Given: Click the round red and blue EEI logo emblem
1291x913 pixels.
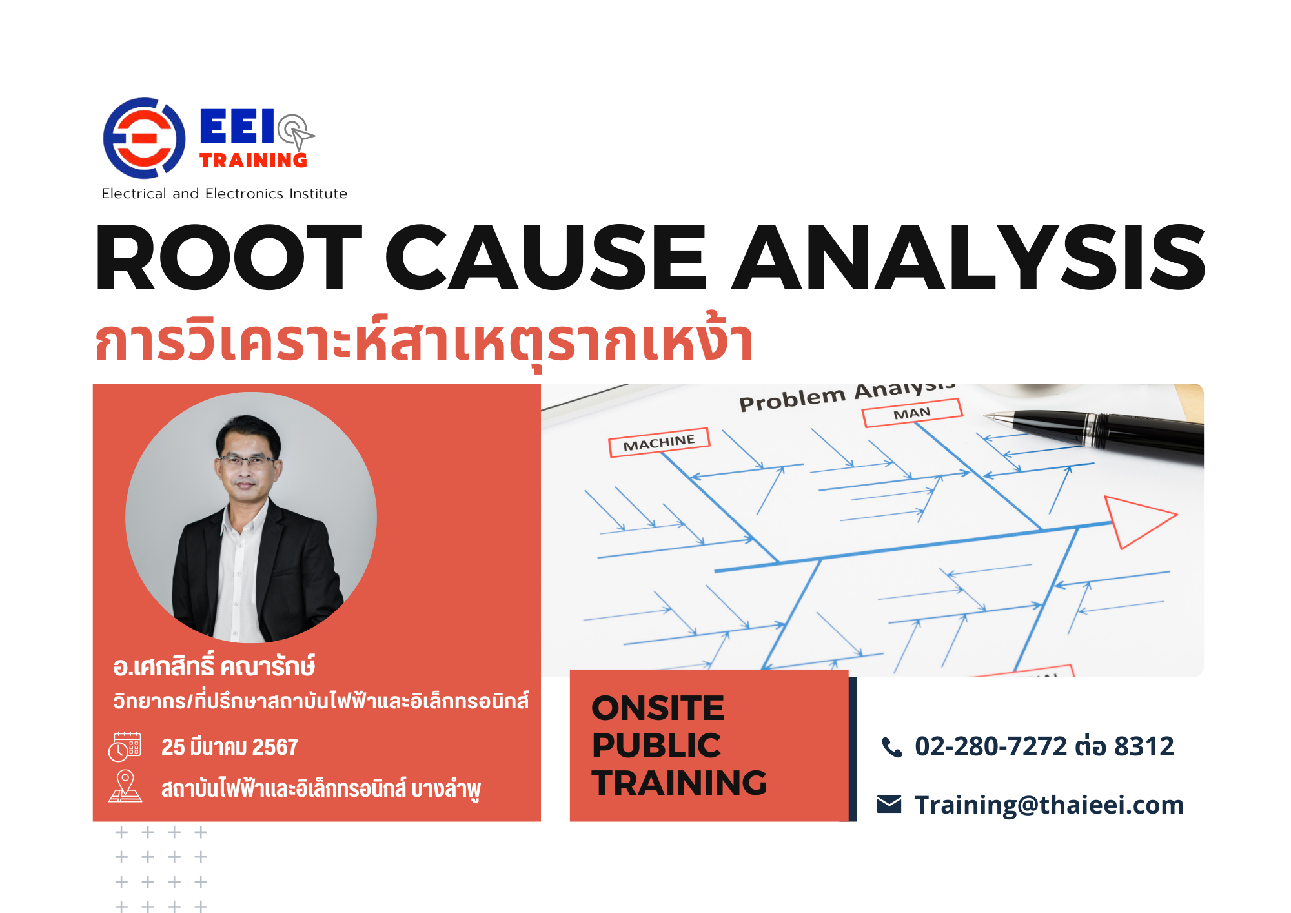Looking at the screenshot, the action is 144,138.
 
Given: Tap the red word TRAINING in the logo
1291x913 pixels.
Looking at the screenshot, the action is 253,160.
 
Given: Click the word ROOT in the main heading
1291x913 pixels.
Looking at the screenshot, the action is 229,257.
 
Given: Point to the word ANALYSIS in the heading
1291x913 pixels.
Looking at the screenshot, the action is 969,257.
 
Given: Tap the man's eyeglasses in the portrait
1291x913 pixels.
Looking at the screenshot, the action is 247,461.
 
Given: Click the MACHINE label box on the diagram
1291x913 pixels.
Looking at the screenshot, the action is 659,443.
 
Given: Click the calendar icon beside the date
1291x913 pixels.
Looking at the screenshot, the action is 125,746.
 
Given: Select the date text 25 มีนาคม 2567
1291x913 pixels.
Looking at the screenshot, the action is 230,747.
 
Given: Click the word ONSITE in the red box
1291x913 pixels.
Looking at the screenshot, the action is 658,708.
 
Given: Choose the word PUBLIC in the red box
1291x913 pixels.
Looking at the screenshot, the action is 656,746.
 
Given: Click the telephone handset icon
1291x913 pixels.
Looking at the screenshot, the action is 891,747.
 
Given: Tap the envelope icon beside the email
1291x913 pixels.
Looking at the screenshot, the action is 889,805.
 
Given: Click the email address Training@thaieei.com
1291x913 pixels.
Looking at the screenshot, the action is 1050,805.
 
